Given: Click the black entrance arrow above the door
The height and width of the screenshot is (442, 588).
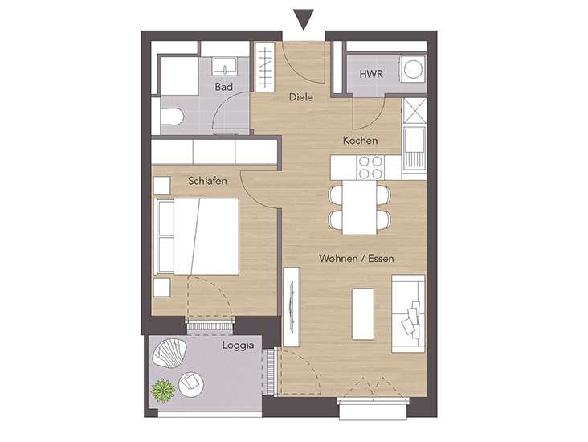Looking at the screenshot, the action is coord(304,19).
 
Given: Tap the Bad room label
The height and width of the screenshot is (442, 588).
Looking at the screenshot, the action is coord(223,87).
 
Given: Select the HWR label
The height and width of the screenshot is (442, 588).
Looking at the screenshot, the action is coord(371,74).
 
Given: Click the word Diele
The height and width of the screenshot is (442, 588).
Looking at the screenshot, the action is coord(300,97).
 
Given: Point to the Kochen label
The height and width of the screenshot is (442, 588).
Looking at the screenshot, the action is coord(361,141).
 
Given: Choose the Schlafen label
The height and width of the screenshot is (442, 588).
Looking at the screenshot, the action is coord(207,181).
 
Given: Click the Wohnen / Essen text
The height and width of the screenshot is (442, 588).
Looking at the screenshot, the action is coord(356,259).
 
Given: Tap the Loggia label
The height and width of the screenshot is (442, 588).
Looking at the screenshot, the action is coord(238,346).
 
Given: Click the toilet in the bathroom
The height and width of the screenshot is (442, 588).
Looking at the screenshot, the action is coord(171,117).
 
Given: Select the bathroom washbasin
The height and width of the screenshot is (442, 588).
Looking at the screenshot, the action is coord(224,67).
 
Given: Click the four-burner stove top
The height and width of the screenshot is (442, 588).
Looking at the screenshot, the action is coord(370,167).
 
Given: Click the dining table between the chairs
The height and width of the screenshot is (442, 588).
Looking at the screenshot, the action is coord(359,207).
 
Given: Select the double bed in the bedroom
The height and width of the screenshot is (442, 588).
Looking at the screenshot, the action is coord(197,236).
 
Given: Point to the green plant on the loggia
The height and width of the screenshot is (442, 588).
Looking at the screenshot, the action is coord(163,391).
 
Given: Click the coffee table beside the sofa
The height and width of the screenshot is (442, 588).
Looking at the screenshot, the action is coord(363,314).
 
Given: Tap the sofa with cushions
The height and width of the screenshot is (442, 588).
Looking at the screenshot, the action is coord(408,313).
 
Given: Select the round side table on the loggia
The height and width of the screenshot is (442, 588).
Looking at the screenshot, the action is coord(191,385).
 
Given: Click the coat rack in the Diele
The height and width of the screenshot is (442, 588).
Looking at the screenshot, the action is coord(265,68).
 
